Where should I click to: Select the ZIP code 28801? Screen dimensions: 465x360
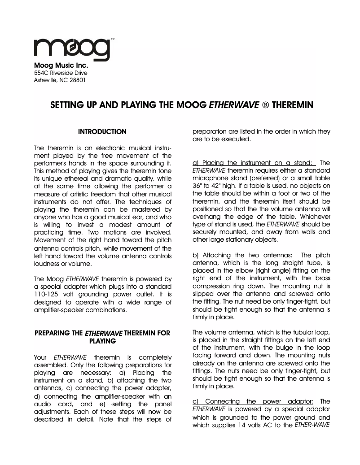point(77,80)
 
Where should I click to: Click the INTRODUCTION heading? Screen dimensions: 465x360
point(102,132)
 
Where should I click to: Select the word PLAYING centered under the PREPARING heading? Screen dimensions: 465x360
point(103,341)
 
